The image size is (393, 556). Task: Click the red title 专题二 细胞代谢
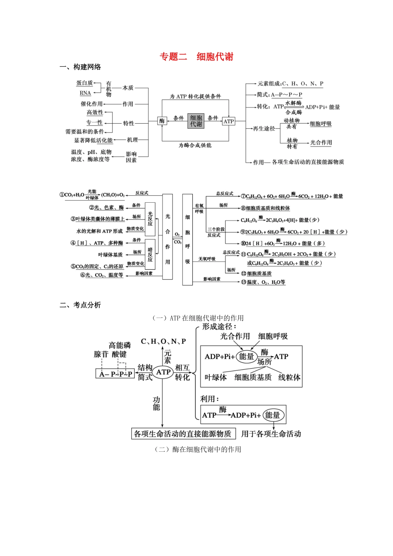(196, 57)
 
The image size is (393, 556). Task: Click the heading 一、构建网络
(80, 67)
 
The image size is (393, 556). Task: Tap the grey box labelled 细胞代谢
(196, 121)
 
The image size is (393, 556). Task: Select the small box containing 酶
(162, 121)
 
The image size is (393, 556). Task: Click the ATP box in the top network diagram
(228, 121)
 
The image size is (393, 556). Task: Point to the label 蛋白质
(85, 83)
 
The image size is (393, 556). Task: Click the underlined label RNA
(85, 93)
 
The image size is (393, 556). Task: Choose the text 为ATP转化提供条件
(195, 96)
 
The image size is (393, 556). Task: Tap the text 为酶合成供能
(195, 145)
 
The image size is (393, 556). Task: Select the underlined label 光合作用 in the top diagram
(321, 143)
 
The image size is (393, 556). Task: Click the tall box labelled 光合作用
(168, 237)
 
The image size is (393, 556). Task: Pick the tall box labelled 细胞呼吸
(187, 240)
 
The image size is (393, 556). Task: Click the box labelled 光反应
(150, 219)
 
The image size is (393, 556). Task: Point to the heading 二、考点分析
(80, 305)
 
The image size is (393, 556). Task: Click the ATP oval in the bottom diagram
(163, 372)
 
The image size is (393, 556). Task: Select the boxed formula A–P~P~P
(115, 374)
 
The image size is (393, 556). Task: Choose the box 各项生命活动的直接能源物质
(183, 434)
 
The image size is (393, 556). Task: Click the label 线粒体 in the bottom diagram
(289, 377)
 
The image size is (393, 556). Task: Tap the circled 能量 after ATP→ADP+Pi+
(273, 415)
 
